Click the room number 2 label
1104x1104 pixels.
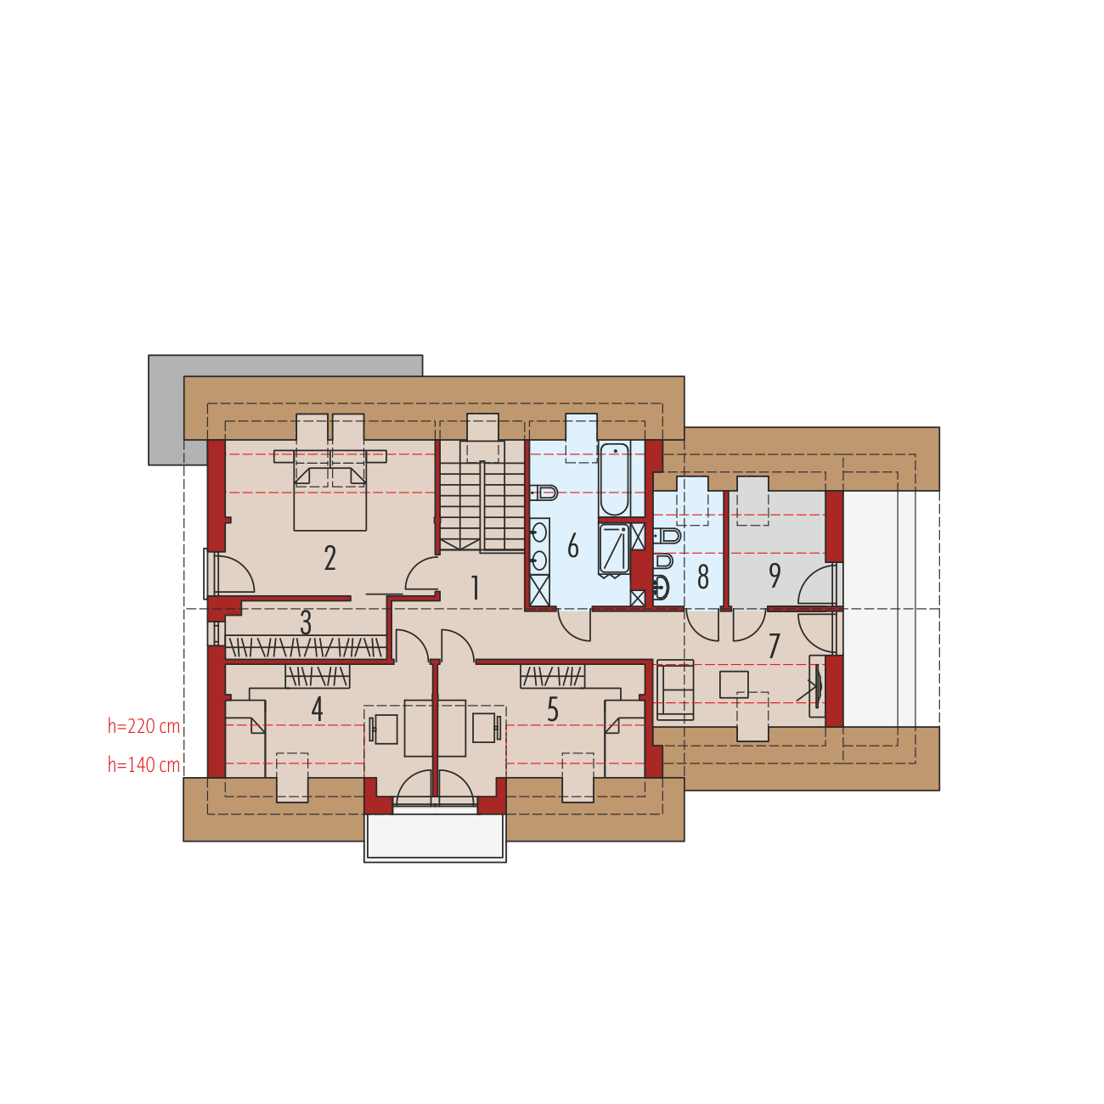pyautogui.click(x=330, y=557)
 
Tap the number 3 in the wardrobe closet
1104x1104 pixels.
pyautogui.click(x=306, y=622)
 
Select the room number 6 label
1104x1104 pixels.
pyautogui.click(x=573, y=545)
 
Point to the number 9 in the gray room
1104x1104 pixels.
pyautogui.click(x=774, y=575)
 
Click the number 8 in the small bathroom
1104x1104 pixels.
pyautogui.click(x=703, y=577)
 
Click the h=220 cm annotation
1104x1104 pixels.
pyautogui.click(x=144, y=726)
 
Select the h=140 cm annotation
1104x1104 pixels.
pyautogui.click(x=144, y=765)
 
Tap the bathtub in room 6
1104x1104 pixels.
pyautogui.click(x=614, y=479)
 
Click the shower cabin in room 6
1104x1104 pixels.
pyautogui.click(x=614, y=549)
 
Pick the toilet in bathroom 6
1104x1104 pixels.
pyautogui.click(x=544, y=492)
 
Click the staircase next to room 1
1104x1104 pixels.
pyautogui.click(x=482, y=496)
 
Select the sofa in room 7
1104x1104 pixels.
pyautogui.click(x=675, y=690)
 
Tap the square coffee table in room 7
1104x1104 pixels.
pyautogui.click(x=734, y=684)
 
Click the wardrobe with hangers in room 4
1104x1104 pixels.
pyautogui.click(x=318, y=677)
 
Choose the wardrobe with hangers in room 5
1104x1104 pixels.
pyautogui.click(x=552, y=676)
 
